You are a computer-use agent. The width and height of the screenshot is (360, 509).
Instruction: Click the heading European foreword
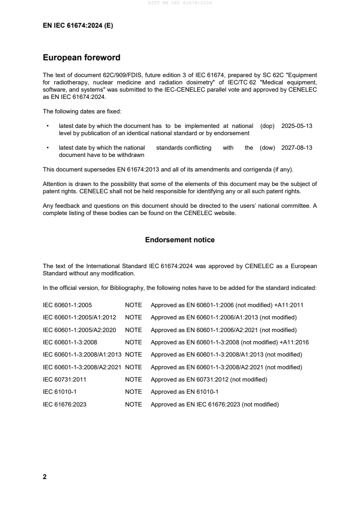(81, 58)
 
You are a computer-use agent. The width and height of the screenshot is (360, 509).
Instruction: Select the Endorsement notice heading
(180, 240)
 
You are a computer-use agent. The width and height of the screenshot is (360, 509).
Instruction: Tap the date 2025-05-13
(297, 126)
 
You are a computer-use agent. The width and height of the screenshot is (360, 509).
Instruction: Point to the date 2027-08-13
(297, 147)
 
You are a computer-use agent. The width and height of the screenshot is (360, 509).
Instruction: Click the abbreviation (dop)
(267, 126)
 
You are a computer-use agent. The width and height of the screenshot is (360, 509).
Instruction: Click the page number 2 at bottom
(44, 477)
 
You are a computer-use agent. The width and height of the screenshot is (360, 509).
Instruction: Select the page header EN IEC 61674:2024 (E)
(78, 26)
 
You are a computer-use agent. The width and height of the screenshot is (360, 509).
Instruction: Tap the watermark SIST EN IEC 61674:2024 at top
(180, 3)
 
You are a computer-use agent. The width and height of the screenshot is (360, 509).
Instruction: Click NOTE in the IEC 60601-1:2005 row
(133, 305)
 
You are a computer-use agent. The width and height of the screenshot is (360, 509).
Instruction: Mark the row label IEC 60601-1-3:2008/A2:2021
(82, 367)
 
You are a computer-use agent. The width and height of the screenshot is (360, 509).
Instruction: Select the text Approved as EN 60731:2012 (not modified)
(209, 379)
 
